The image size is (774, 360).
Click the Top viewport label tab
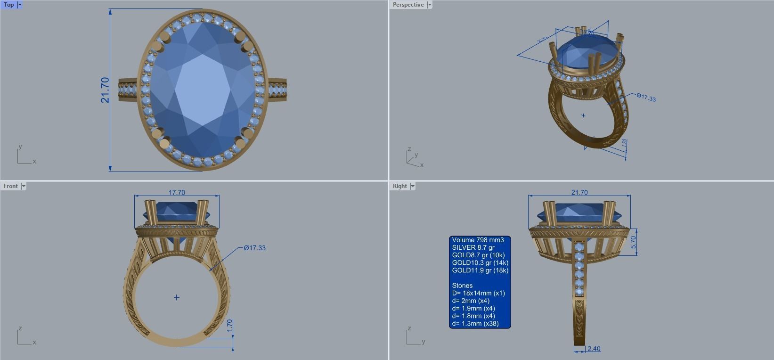click(x=9, y=5)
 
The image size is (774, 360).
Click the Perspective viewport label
click(x=408, y=5)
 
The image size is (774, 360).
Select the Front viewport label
click(x=10, y=186)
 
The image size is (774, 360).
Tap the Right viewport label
click(x=399, y=186)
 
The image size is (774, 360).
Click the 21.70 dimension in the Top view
click(x=105, y=90)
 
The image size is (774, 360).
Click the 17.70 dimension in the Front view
click(x=177, y=192)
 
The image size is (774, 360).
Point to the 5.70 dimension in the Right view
click(x=634, y=242)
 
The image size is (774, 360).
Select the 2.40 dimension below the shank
click(x=594, y=349)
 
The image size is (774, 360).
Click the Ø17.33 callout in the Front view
click(x=255, y=248)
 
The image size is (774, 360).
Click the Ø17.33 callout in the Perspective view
click(x=646, y=98)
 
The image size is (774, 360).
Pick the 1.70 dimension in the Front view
click(x=229, y=325)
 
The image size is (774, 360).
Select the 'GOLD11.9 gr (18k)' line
click(x=480, y=270)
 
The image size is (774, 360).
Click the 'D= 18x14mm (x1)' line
click(x=478, y=293)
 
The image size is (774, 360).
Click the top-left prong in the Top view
click(x=165, y=38)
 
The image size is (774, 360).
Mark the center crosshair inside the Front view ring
click(x=177, y=297)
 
